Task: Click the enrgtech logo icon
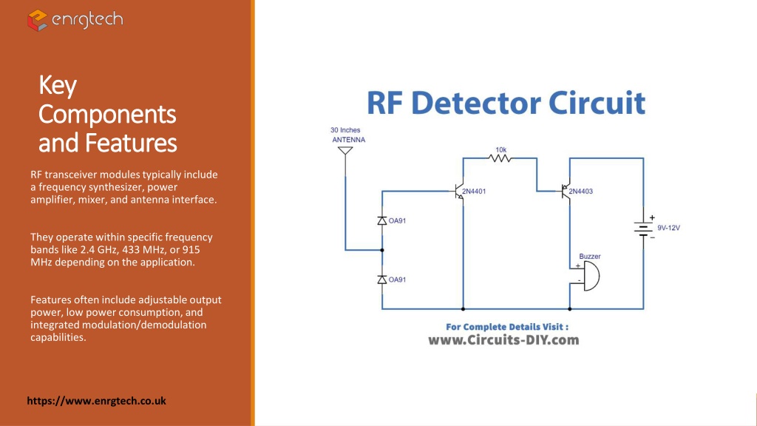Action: pyautogui.click(x=37, y=20)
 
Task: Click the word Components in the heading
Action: pyautogui.click(x=107, y=115)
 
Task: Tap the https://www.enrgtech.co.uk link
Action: pyautogui.click(x=97, y=401)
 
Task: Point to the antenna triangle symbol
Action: pyautogui.click(x=345, y=151)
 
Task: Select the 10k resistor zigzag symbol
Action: pyautogui.click(x=500, y=158)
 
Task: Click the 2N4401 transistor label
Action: pyautogui.click(x=474, y=192)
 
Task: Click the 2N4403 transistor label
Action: pyautogui.click(x=580, y=192)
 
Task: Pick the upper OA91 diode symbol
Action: pyautogui.click(x=382, y=220)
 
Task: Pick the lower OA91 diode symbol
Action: pyautogui.click(x=382, y=279)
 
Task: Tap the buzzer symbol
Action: pyautogui.click(x=591, y=277)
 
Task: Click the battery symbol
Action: pyautogui.click(x=643, y=229)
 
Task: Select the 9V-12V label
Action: pyautogui.click(x=668, y=228)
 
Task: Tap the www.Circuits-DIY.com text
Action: pyautogui.click(x=503, y=340)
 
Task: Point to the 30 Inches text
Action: pyautogui.click(x=345, y=130)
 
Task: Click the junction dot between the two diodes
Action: pyautogui.click(x=382, y=250)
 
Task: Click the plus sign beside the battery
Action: pyautogui.click(x=652, y=218)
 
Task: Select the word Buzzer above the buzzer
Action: pyautogui.click(x=590, y=257)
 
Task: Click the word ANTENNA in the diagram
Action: pyautogui.click(x=349, y=140)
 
